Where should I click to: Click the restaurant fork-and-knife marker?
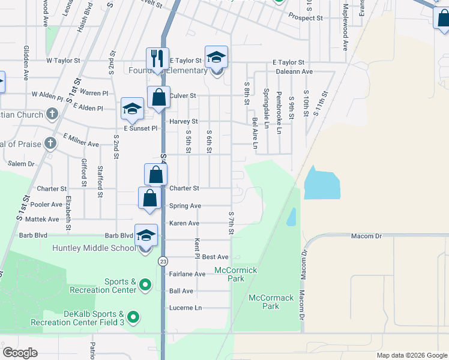pos(157,59)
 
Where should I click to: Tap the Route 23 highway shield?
pos(163,262)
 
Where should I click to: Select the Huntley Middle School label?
pos(94,248)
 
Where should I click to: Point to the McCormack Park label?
pos(271,302)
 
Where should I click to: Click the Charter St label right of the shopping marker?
pos(184,188)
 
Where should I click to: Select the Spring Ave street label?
pos(185,206)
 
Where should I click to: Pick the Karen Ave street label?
pos(184,223)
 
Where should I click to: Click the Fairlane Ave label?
pos(187,274)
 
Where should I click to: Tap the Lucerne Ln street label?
pos(185,308)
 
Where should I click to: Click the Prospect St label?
pos(306,18)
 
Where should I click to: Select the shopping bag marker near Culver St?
pos(157,97)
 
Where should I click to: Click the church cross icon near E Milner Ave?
pos(51,143)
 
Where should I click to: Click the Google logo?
pos(20,353)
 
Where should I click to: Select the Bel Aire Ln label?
pos(255,133)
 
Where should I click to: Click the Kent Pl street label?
pos(196,248)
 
